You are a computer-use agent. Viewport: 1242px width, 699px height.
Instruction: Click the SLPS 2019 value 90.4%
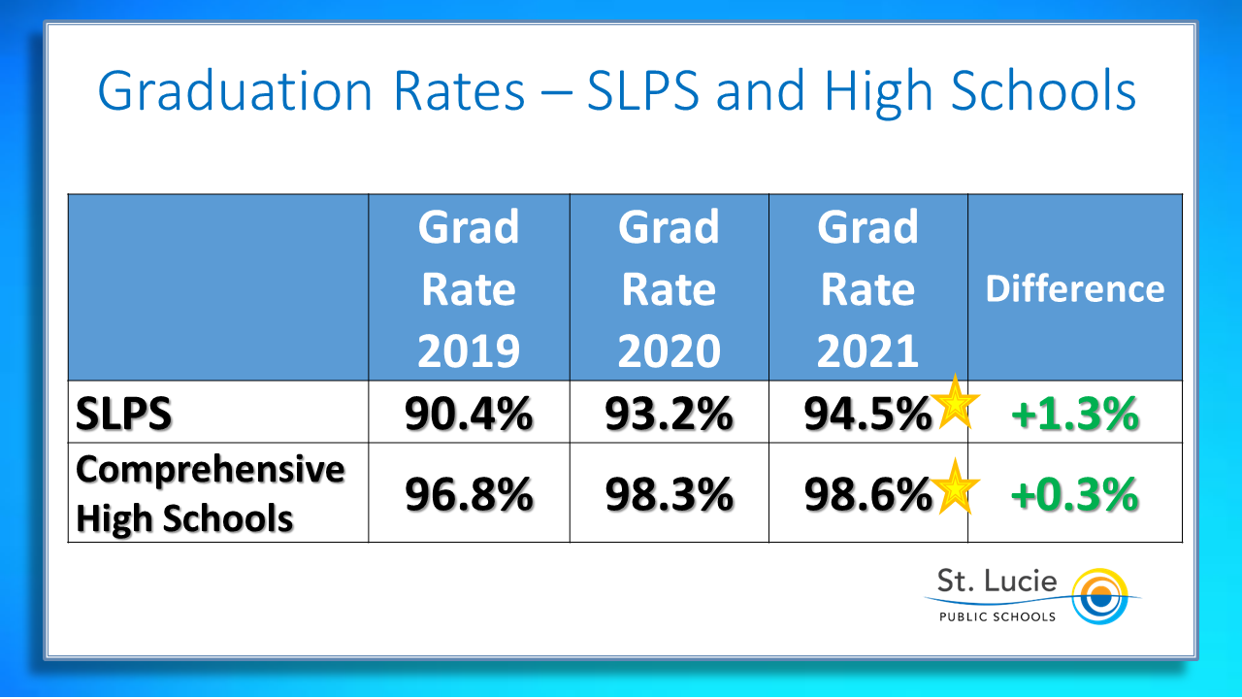click(x=469, y=415)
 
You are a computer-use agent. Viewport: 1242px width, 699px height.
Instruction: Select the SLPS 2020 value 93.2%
click(x=669, y=415)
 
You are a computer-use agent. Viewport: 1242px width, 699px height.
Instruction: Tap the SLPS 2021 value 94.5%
click(x=866, y=415)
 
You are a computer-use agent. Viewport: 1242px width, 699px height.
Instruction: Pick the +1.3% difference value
click(x=1074, y=415)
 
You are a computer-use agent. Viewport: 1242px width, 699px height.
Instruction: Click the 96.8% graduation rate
click(x=469, y=495)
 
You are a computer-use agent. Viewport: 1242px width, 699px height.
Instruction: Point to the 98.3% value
click(x=669, y=495)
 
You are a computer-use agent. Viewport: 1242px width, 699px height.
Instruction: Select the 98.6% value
click(x=866, y=495)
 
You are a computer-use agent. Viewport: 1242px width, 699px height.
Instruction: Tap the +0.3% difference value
click(x=1074, y=495)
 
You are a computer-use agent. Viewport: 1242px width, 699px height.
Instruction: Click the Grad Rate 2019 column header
click(x=469, y=288)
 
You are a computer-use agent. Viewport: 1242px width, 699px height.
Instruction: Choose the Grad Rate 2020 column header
click(x=669, y=288)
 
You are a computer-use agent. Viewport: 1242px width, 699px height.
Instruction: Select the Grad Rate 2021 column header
click(x=867, y=288)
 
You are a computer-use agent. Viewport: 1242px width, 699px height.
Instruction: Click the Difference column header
click(x=1074, y=289)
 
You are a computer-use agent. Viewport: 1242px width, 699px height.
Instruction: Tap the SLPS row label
click(x=123, y=415)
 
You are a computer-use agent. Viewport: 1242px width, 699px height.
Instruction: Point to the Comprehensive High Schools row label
click(x=210, y=494)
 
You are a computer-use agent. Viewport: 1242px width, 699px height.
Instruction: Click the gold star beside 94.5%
click(x=955, y=401)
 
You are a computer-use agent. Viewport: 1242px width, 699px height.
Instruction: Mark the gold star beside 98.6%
click(x=955, y=486)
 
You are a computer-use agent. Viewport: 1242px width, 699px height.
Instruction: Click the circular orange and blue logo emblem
click(x=1098, y=594)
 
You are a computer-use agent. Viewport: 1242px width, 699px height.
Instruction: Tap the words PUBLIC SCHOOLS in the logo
click(x=996, y=616)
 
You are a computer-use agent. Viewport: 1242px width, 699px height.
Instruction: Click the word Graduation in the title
click(x=235, y=92)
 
